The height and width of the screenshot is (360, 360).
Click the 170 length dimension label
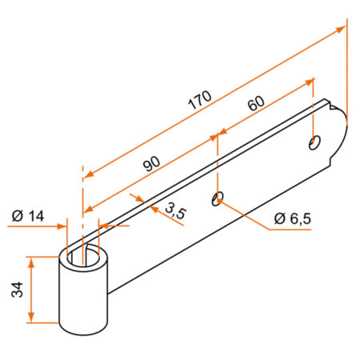coord(199,98)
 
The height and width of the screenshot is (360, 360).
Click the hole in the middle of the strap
coord(218,198)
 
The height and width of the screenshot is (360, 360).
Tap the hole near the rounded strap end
coord(313,142)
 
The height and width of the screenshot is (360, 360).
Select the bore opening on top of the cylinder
coord(83,257)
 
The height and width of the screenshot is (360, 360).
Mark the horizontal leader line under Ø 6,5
coord(292,230)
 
